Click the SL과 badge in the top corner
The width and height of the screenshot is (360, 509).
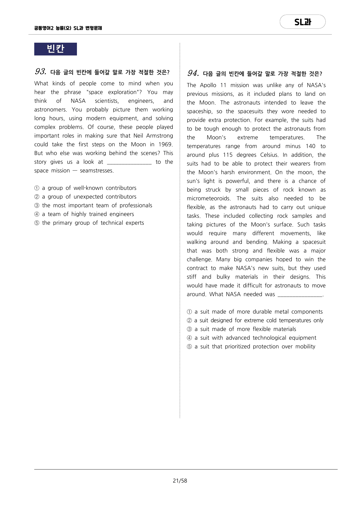pyautogui.click(x=303, y=22)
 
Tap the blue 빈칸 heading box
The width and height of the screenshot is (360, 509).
pyautogui.click(x=55, y=49)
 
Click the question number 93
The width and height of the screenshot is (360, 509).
pyautogui.click(x=40, y=71)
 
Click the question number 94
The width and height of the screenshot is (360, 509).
pyautogui.click(x=193, y=73)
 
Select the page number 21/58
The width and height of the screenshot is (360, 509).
pyautogui.click(x=180, y=481)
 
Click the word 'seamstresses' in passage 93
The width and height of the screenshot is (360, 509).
pyautogui.click(x=96, y=171)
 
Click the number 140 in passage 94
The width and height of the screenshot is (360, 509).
pyautogui.click(x=310, y=146)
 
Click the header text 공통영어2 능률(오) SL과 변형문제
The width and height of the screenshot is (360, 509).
pyautogui.click(x=68, y=28)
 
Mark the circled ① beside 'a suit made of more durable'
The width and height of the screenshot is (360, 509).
pyautogui.click(x=189, y=312)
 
